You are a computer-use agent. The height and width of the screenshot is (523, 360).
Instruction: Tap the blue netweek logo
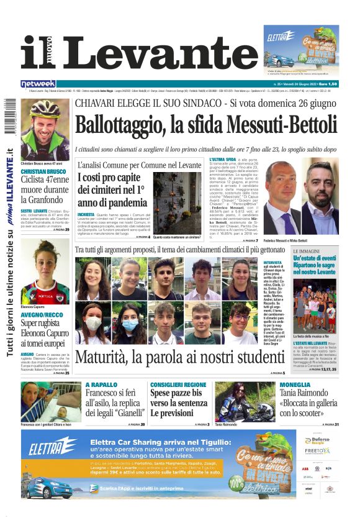[38, 84]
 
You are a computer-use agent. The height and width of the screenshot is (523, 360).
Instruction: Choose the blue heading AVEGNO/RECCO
[40, 315]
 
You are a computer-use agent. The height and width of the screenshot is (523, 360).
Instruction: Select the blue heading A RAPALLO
[101, 385]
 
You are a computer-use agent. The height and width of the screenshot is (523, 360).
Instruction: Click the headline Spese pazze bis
[176, 394]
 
